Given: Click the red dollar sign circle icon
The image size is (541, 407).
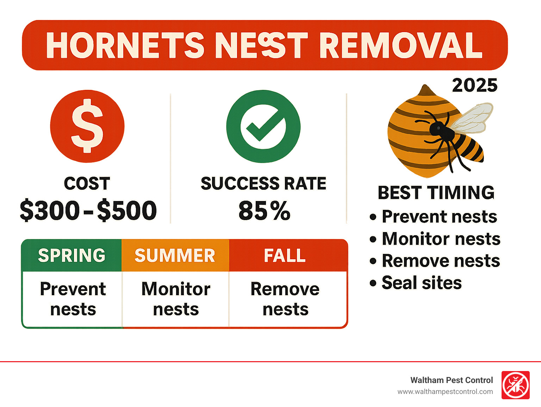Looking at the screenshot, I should pyautogui.click(x=87, y=126).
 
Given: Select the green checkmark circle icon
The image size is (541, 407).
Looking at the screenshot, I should pyautogui.click(x=263, y=126).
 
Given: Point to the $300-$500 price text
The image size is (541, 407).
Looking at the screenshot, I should pyautogui.click(x=88, y=211).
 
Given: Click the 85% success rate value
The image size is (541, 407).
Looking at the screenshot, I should pyautogui.click(x=264, y=211).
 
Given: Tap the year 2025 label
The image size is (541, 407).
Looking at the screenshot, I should pyautogui.click(x=474, y=85).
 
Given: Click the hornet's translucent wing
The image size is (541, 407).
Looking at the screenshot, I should pyautogui.click(x=472, y=118).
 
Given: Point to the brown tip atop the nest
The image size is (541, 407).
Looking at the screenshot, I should pyautogui.click(x=425, y=90).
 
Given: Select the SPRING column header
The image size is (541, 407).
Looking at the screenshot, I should pyautogui.click(x=72, y=255).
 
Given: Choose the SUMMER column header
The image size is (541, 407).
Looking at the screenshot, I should pyautogui.click(x=175, y=255).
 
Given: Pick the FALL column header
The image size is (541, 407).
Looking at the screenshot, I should pyautogui.click(x=285, y=255).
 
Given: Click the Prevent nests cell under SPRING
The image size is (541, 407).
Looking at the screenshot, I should pyautogui.click(x=73, y=299).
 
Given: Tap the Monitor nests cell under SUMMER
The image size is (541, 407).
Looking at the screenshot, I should pyautogui.click(x=176, y=299).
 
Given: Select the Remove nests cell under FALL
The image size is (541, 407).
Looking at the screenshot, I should pyautogui.click(x=285, y=299).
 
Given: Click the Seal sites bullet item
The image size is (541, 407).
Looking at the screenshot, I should pyautogui.click(x=421, y=283).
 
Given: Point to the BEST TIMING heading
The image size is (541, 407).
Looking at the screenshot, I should pyautogui.click(x=436, y=193).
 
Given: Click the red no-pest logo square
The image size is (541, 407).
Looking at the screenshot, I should pyautogui.click(x=515, y=385).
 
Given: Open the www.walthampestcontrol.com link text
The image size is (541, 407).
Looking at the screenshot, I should pyautogui.click(x=445, y=391).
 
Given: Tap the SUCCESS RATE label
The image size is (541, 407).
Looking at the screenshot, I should pyautogui.click(x=263, y=183).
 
